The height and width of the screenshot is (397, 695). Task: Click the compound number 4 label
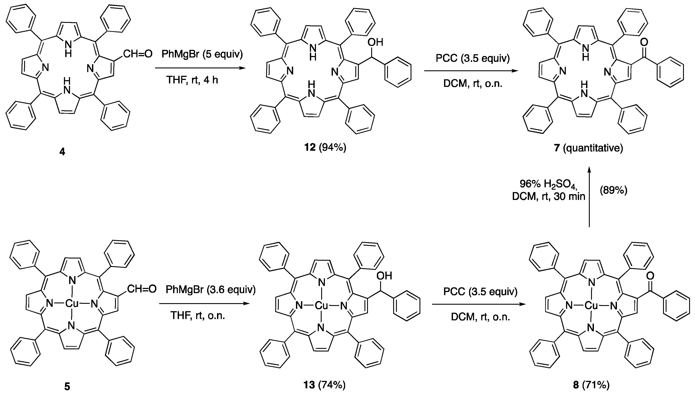[62, 152]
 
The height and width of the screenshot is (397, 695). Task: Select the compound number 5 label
[67, 387]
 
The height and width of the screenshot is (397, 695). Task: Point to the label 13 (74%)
[324, 385]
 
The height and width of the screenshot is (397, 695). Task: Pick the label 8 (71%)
[591, 385]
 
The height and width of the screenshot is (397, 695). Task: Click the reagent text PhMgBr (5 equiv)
[202, 54]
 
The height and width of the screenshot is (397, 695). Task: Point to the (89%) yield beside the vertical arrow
[613, 190]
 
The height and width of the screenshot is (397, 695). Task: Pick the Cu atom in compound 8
[591, 306]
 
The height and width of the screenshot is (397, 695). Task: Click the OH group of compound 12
[375, 42]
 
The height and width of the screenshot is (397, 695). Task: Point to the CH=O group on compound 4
[137, 54]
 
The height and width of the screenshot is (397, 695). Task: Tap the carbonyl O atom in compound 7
[644, 42]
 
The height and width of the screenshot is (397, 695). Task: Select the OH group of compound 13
[384, 276]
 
